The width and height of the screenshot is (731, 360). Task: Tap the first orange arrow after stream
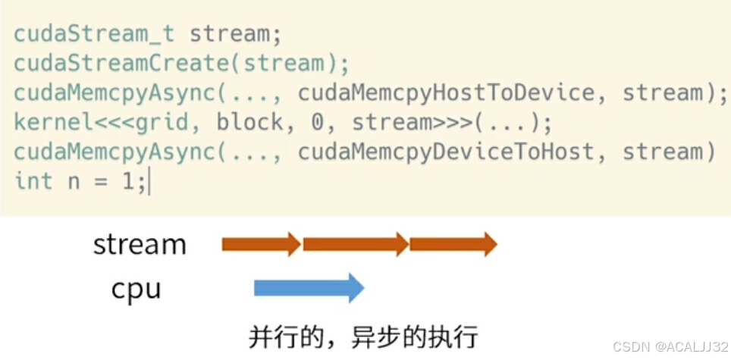[x=261, y=244]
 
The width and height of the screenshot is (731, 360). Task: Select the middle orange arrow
[x=356, y=244]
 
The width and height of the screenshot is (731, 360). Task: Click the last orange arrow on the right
[x=453, y=244]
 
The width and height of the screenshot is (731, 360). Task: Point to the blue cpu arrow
[x=309, y=288]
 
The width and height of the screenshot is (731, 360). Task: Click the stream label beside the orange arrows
[x=140, y=244]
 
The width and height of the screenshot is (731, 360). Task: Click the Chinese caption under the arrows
[x=364, y=337]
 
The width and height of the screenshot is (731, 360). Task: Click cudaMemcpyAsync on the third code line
[x=115, y=93]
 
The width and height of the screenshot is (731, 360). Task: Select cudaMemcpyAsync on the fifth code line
[x=115, y=152]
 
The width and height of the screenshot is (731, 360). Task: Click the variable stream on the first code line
[x=229, y=34]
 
